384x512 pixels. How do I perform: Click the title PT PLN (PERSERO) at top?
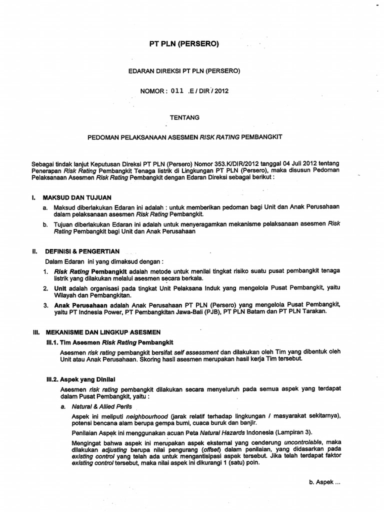click(184, 44)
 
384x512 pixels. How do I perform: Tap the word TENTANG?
click(185, 117)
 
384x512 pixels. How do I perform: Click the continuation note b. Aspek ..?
click(325, 483)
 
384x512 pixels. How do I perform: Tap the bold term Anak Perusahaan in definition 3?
click(79, 304)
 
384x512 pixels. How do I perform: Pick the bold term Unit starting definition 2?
click(60, 288)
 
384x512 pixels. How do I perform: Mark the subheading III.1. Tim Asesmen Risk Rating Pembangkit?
click(109, 342)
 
